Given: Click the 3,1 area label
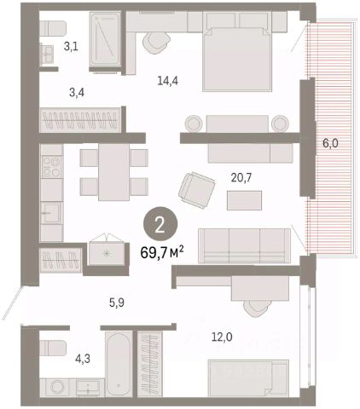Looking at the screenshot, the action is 71,46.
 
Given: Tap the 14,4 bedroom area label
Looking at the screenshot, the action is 168,81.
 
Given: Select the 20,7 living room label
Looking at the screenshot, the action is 241,178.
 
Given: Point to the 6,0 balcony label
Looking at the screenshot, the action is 330,143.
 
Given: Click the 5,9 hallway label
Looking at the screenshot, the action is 117,303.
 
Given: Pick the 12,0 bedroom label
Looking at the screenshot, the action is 222,337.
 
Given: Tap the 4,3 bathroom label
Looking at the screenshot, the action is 83,359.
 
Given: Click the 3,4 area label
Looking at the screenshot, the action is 77,93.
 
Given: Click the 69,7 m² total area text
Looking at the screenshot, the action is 162,252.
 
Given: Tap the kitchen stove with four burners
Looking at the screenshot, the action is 51,167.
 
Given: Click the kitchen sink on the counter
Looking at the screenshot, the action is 51,212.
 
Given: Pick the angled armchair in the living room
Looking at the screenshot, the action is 197,190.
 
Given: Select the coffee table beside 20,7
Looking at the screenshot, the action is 244,200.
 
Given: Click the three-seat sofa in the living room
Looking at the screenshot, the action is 244,245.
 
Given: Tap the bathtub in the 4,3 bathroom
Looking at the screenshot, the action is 119,363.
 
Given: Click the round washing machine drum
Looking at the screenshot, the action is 59,387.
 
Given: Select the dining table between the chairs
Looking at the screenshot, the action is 113,172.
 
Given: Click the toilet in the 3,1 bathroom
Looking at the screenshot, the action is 53,28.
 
